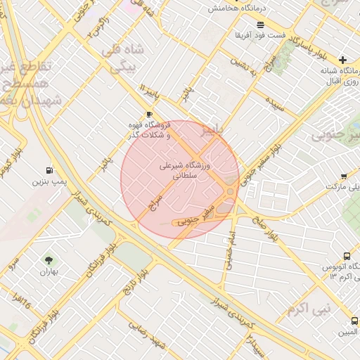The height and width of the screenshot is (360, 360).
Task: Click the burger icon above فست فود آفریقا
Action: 261,25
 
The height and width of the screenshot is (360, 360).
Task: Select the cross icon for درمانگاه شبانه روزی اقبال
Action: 342,60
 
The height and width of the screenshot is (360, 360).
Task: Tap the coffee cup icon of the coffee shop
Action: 148,114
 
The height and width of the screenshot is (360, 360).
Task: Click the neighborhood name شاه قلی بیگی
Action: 122,59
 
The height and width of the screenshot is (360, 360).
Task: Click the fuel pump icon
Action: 49,170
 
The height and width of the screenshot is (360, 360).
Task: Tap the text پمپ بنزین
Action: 49,182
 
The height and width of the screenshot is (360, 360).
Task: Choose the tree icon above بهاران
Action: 48,261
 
